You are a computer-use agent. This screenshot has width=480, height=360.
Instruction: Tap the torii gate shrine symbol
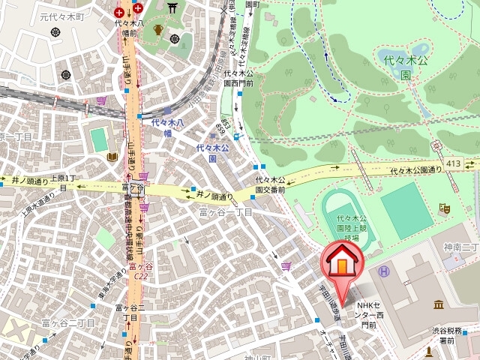point(174,9)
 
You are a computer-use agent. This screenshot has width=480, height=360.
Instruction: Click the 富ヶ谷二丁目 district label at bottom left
point(68,323)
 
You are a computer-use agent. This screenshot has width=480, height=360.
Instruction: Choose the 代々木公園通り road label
point(416,171)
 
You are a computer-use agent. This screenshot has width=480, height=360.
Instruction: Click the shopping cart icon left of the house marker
point(286,265)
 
